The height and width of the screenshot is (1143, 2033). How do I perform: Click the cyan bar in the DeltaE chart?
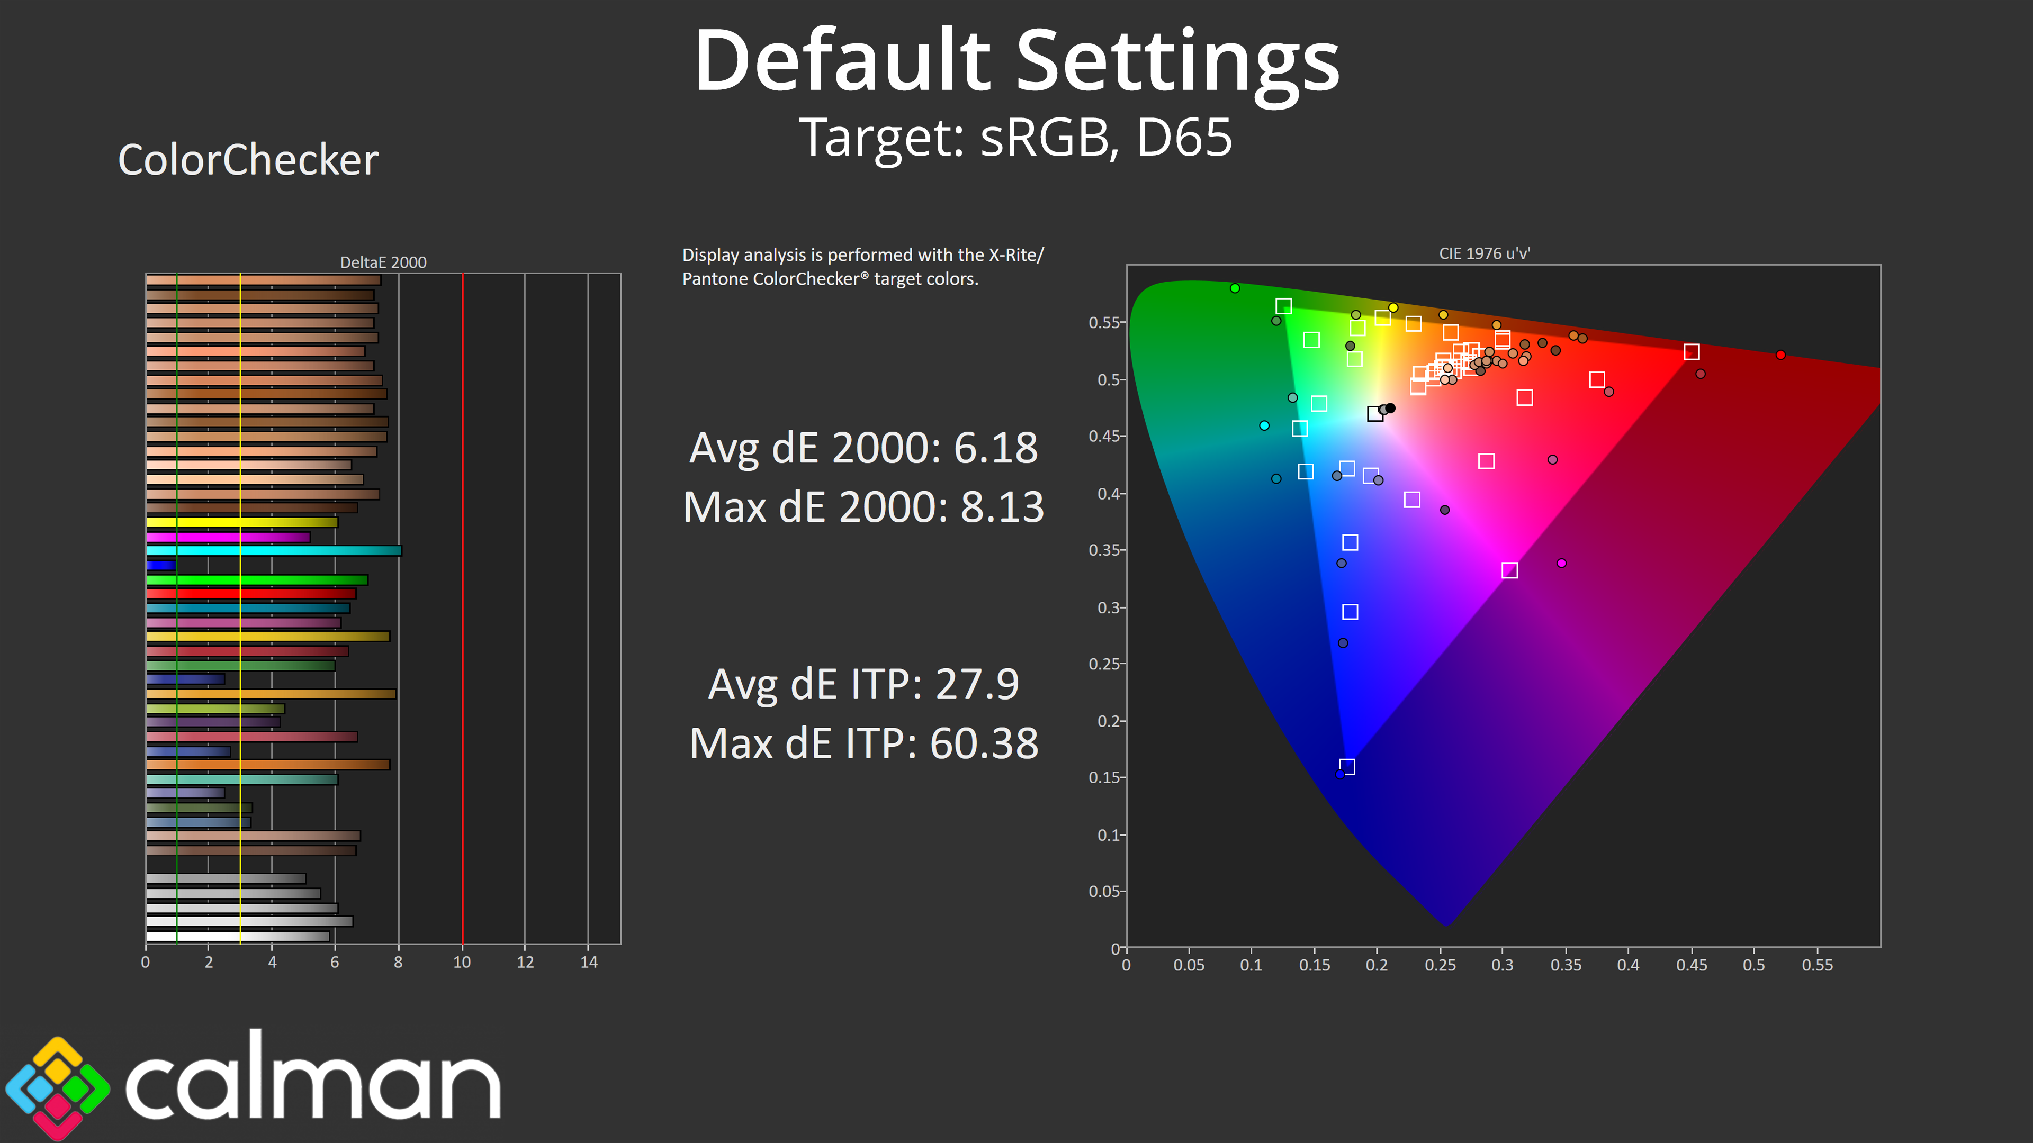point(273,550)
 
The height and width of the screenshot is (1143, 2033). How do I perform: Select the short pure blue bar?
point(160,565)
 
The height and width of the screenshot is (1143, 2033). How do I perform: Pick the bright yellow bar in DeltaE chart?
point(241,522)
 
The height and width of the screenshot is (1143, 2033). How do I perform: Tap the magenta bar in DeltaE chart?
point(228,537)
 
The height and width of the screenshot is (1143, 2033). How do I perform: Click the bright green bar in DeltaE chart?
point(256,580)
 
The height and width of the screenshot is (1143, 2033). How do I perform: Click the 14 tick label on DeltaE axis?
point(589,963)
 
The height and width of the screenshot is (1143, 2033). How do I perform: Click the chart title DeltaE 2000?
point(383,262)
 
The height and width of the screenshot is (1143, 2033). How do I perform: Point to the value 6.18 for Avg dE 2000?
point(995,448)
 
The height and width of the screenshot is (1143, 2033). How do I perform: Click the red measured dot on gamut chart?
point(1780,355)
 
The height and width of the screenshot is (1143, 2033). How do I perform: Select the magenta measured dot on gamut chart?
point(1561,563)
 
